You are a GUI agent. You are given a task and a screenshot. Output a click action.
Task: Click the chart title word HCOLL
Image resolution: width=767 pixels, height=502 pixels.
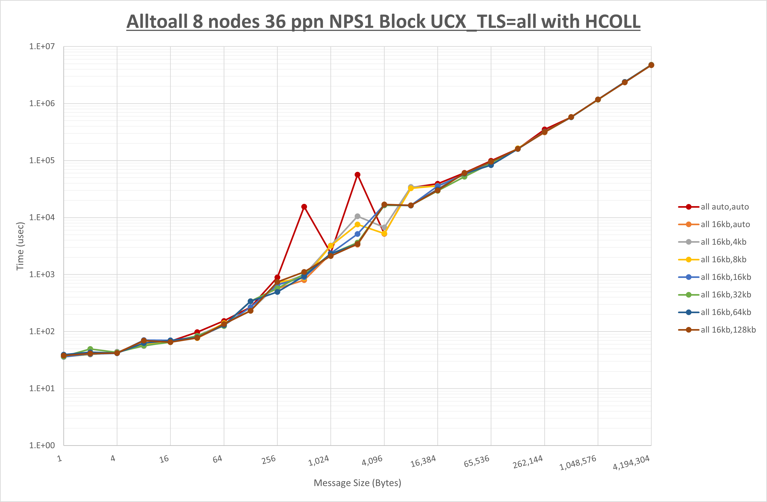coord(612,22)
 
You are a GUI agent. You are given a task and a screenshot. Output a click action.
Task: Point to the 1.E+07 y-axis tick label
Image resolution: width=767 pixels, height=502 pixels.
coord(42,46)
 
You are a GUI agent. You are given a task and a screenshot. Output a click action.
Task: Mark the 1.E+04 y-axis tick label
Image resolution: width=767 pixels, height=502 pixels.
coord(42,217)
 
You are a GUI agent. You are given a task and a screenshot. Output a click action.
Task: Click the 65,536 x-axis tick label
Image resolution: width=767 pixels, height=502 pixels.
coord(476,461)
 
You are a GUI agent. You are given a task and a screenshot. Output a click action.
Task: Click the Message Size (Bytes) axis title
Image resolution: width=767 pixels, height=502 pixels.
coord(357,483)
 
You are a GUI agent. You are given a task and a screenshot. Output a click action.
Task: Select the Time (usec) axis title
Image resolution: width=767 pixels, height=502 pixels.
coord(20,246)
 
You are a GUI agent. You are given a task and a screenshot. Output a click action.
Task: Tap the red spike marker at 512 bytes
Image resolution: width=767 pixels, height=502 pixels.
coord(304,207)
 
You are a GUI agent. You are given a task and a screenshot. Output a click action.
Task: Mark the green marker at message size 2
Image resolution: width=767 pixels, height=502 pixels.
coord(90,349)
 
